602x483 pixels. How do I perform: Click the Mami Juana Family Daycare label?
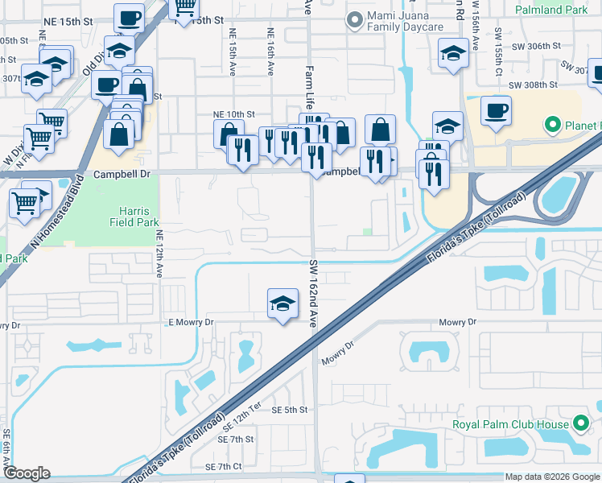tap(405, 21)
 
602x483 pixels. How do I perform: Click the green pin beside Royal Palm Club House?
tap(581, 424)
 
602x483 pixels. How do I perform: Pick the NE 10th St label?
tap(233, 115)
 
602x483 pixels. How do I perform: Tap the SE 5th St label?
tap(290, 410)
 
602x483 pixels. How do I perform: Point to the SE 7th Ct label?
tap(224, 467)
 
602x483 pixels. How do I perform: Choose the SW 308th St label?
tap(537, 85)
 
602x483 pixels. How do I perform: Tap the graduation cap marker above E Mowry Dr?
tap(282, 304)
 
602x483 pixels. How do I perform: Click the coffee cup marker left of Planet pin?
tap(497, 110)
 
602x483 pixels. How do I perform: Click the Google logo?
tap(27, 473)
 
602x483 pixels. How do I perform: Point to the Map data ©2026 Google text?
tap(552, 477)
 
